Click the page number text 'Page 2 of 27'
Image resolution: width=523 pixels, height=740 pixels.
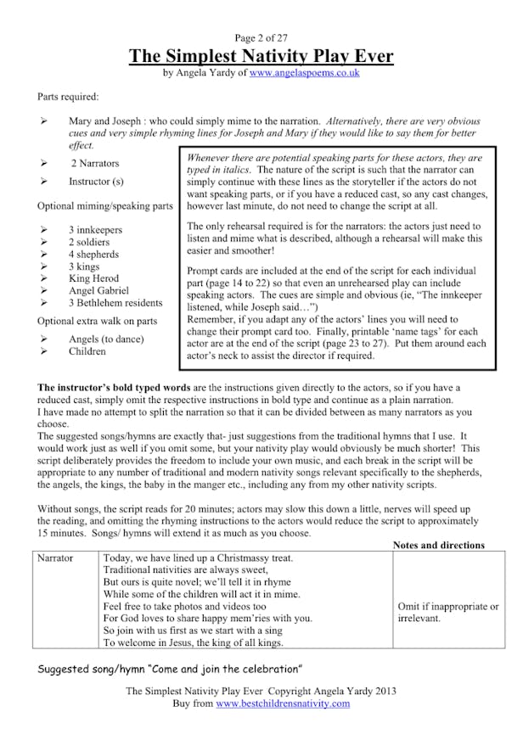(x=261, y=38)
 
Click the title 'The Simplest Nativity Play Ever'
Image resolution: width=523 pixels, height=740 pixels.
(x=261, y=57)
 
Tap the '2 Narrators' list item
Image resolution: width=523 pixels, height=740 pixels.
(x=95, y=163)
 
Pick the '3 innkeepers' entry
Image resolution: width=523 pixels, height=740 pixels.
(x=95, y=230)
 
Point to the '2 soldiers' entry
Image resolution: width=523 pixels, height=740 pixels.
(x=90, y=242)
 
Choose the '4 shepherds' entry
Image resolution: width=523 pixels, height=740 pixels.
(x=93, y=254)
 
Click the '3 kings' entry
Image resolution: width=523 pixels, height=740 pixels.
(x=86, y=266)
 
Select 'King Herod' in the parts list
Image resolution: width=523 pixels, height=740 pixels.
(x=93, y=278)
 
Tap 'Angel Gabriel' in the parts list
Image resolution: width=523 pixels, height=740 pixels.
(x=98, y=290)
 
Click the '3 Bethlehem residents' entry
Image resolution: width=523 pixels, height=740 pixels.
(x=115, y=303)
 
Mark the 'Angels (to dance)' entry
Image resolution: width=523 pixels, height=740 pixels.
(x=106, y=339)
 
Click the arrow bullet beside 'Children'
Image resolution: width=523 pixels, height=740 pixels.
(x=43, y=351)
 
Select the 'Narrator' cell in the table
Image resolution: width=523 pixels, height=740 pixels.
(x=55, y=558)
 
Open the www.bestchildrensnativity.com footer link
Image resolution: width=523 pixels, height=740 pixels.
(x=283, y=704)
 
